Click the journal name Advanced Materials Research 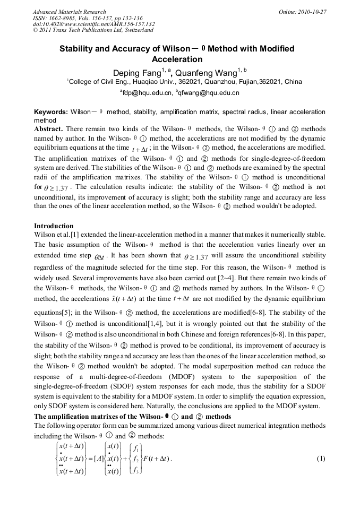tap(69, 12)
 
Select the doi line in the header tap(93, 24)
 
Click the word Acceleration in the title tap(177, 59)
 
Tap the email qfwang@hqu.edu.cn tap(211, 92)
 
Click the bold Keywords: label tap(51, 112)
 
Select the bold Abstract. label tap(48, 129)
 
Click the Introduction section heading tap(54, 226)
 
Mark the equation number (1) tap(321, 458)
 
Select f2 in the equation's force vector tap(135, 458)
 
